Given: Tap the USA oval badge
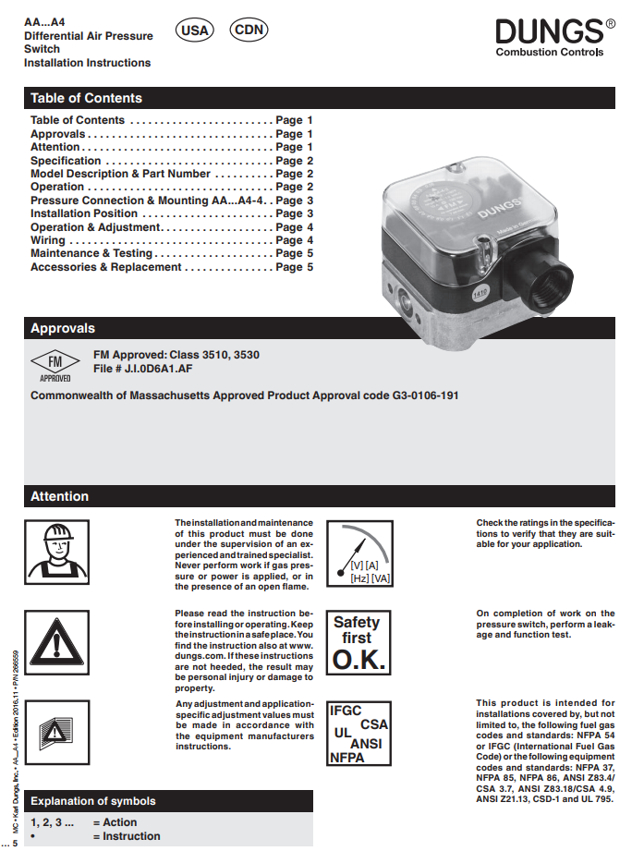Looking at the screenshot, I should tap(194, 30).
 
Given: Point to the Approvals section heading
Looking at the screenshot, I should tap(63, 328).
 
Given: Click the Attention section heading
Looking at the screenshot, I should tap(59, 496).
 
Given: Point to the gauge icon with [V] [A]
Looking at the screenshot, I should tap(357, 553).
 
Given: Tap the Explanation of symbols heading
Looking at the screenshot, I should tap(93, 801).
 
